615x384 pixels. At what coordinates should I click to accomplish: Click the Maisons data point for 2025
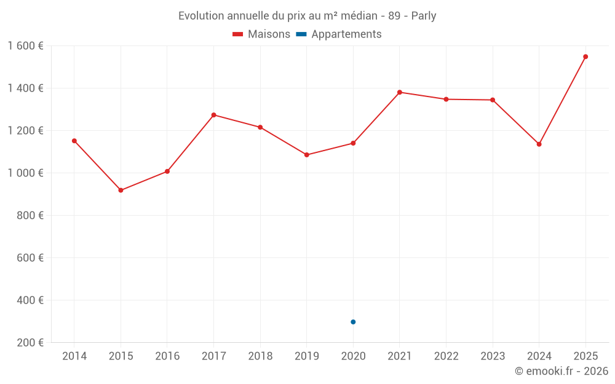585,57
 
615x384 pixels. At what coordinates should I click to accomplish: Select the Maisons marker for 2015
121,190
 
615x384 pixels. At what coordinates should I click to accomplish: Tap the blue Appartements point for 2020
353,322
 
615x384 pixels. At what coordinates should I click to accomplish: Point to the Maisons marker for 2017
213,115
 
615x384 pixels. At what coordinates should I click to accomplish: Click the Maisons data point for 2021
400,92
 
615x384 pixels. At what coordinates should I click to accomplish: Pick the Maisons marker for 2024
539,144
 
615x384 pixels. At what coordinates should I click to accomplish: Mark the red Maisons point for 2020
353,143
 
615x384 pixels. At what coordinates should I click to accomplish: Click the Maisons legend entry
261,34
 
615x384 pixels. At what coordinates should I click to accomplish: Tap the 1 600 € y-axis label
25,46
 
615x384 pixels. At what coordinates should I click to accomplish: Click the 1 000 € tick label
25,173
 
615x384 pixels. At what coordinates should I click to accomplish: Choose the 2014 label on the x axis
74,356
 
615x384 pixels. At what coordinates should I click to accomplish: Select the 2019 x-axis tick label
307,356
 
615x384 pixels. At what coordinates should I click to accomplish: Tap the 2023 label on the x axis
493,356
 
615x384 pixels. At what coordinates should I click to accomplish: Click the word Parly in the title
423,16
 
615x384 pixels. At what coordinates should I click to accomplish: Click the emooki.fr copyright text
561,371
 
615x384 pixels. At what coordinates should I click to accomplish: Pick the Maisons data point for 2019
307,155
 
